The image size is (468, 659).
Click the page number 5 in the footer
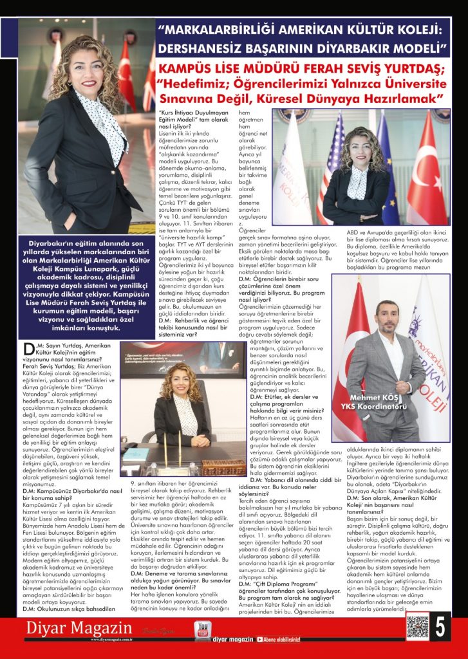(x=440, y=628)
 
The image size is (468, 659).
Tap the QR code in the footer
(x=417, y=627)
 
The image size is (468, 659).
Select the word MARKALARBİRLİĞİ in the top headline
(x=225, y=30)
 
